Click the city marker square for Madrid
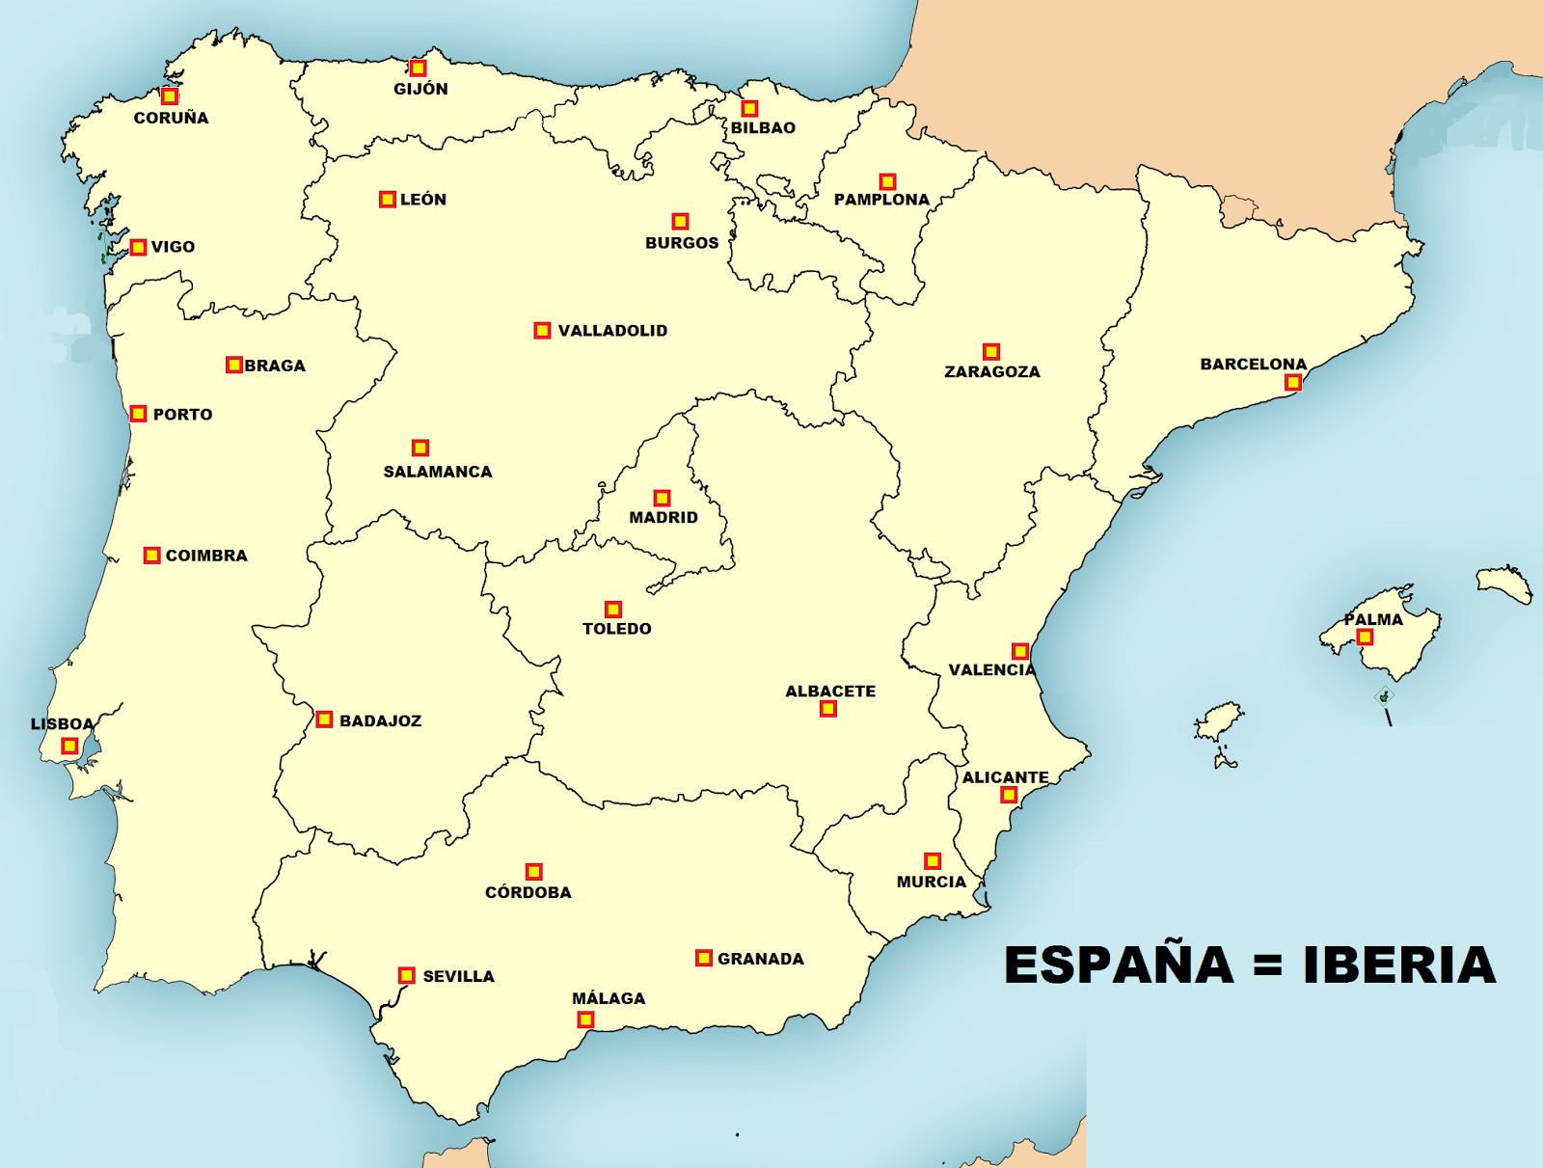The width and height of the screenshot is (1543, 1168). tap(662, 498)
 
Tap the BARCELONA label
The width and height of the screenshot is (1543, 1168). tap(1253, 364)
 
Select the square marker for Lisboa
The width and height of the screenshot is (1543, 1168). tap(69, 746)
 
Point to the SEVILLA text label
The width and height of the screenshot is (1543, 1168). tap(458, 976)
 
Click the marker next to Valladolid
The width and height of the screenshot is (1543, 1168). tap(542, 331)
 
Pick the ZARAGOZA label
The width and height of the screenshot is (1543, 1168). tap(991, 371)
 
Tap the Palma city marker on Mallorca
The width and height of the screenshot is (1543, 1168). tap(1365, 638)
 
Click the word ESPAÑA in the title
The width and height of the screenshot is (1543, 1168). tap(1119, 964)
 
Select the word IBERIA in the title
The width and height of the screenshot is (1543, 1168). tap(1399, 964)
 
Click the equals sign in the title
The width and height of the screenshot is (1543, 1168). tap(1268, 965)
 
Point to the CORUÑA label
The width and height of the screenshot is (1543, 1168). tap(171, 118)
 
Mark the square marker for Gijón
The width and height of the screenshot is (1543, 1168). tap(418, 68)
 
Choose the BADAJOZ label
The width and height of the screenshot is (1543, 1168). tap(380, 720)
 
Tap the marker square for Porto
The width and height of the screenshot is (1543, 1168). tap(139, 414)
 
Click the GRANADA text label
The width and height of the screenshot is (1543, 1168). tap(760, 959)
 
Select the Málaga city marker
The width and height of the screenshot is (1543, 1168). tap(585, 1019)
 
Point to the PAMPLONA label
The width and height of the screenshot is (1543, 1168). tap(881, 200)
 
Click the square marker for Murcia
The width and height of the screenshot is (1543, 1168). tap(933, 860)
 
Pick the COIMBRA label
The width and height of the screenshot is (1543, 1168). tap(206, 556)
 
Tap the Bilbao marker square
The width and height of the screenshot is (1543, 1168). tap(749, 109)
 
